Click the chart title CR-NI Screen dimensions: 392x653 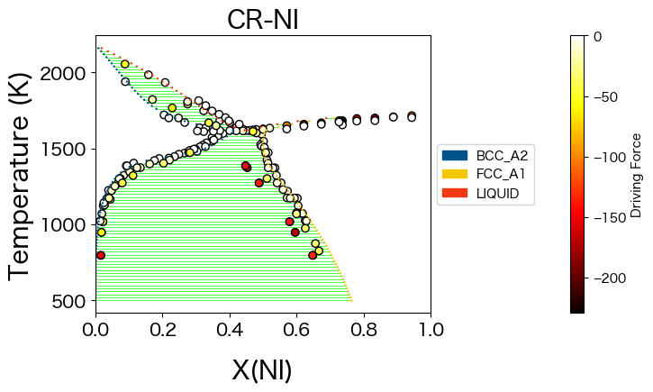point(262,19)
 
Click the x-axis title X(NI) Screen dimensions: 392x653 point(262,370)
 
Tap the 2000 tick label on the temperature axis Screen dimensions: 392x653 point(68,73)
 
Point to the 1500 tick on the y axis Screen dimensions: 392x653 point(68,149)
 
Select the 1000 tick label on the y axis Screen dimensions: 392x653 point(68,225)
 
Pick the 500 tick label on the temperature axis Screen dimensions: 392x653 point(73,301)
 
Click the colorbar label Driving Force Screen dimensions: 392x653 point(636,175)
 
